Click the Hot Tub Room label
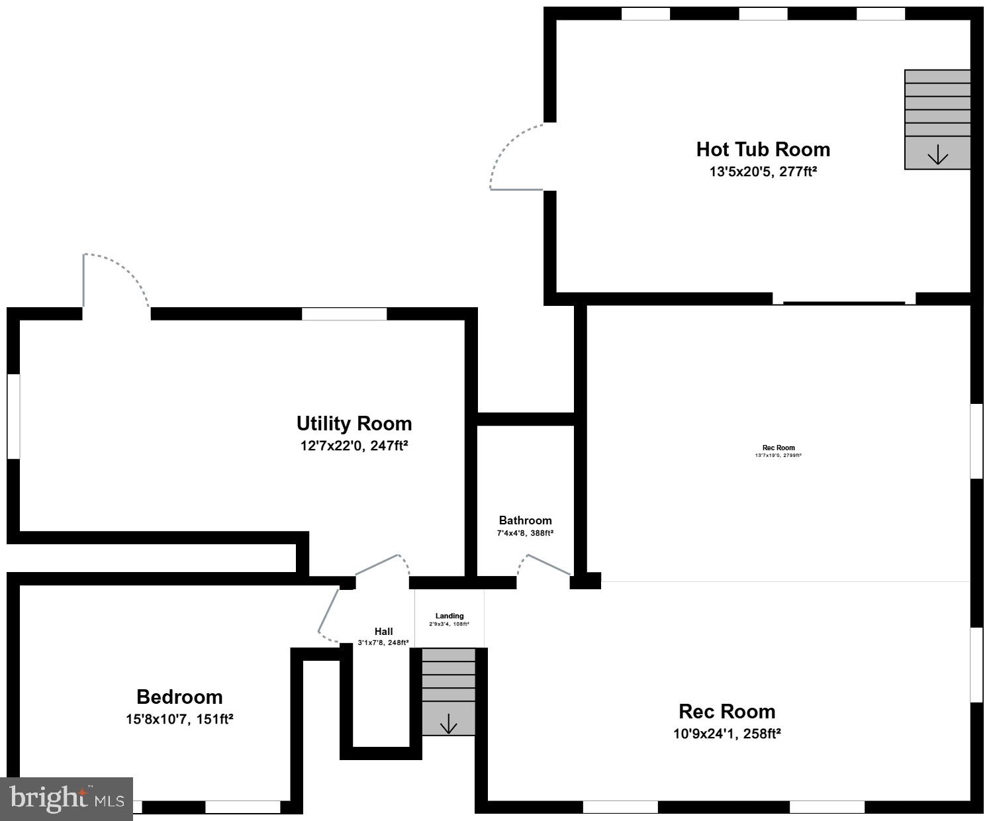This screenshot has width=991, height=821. point(763,150)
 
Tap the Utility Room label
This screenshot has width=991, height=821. point(354,424)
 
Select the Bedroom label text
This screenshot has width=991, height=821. point(179,697)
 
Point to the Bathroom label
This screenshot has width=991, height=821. point(525,520)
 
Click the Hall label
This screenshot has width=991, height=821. point(383,632)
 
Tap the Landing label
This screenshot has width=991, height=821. point(449,616)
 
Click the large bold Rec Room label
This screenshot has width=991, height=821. point(727,712)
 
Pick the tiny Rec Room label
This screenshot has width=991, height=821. point(779,448)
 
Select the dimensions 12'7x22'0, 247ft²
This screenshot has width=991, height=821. point(354,446)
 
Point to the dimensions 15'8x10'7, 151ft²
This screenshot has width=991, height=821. point(179,719)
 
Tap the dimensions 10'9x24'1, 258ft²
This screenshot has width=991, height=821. point(727,734)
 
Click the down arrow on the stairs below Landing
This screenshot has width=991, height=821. point(449,724)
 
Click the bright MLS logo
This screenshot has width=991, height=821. point(66,798)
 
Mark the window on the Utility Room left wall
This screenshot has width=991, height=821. point(13,416)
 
